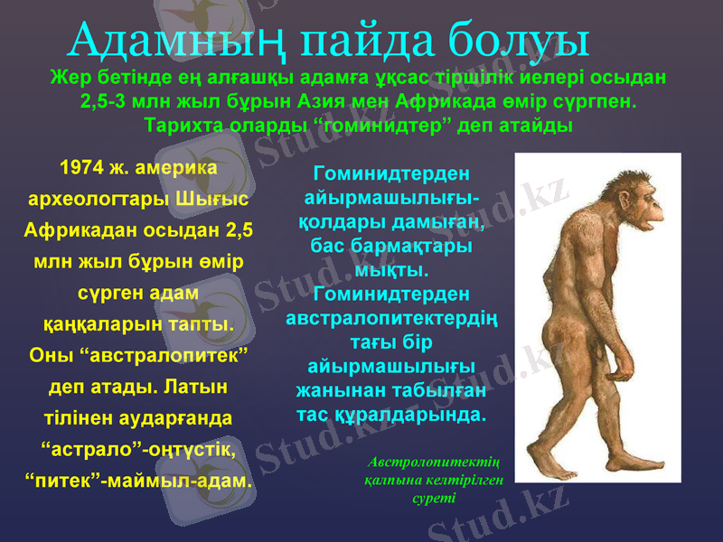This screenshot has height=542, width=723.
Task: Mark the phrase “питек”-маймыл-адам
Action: (137, 480)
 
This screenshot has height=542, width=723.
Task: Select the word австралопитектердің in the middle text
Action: (392, 319)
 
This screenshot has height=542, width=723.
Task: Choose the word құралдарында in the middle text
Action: (423, 416)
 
